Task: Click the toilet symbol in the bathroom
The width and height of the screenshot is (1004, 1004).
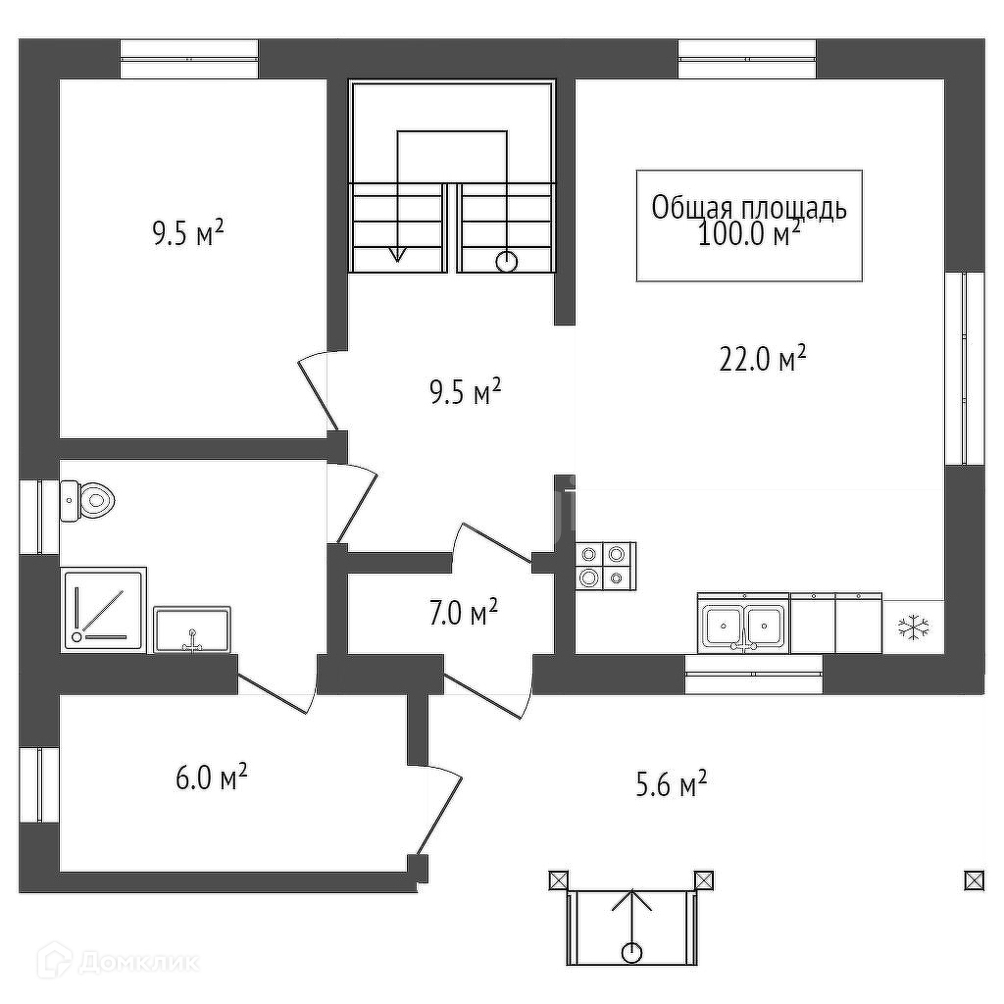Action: (x=88, y=501)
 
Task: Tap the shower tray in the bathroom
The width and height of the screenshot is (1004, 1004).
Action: (x=104, y=608)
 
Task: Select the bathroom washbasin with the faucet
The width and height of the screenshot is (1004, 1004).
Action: (x=192, y=628)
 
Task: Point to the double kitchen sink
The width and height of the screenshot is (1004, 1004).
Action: (x=743, y=624)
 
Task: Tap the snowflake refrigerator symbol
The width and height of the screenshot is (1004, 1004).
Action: (x=913, y=627)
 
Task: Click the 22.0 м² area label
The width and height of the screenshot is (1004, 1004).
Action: (x=762, y=360)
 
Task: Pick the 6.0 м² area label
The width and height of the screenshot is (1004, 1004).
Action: (x=210, y=778)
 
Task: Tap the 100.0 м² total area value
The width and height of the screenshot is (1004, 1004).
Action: (x=749, y=234)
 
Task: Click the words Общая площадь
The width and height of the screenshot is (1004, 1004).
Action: (x=749, y=208)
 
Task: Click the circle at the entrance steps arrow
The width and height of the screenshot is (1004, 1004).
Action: (x=632, y=951)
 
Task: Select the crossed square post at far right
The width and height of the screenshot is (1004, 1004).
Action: (x=974, y=880)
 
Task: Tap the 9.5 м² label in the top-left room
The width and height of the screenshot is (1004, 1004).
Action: (x=187, y=234)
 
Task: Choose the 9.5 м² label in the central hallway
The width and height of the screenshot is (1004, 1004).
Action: (x=465, y=393)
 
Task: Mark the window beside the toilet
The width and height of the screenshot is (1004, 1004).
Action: (x=39, y=516)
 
